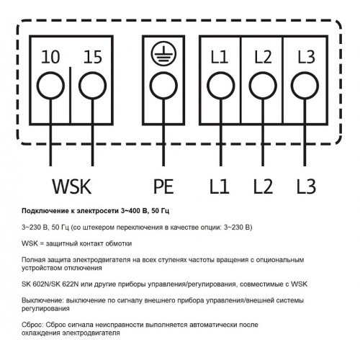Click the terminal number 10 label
pos(50,57)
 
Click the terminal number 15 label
pos(93,57)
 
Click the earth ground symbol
pos(163,53)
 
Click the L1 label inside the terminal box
pos(219,57)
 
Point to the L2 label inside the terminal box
pos(263,57)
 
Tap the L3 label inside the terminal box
pos(306,57)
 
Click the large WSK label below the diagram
pos(72,186)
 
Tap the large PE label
pos(163,186)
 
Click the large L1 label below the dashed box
pos(219,186)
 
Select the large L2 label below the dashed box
pos(263,186)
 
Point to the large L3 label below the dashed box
pos(306,186)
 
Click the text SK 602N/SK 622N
pos(50,284)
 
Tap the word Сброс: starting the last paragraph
pos(32,325)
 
